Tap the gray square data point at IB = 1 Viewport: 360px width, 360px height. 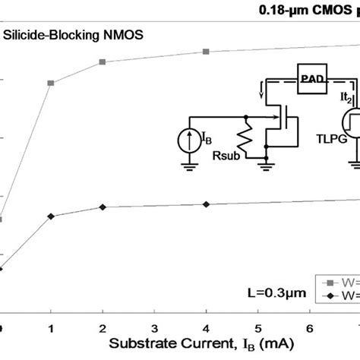51,83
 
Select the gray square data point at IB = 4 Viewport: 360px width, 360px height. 206,52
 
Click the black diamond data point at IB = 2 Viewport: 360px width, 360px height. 103,207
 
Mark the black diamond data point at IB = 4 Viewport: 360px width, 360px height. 206,204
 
